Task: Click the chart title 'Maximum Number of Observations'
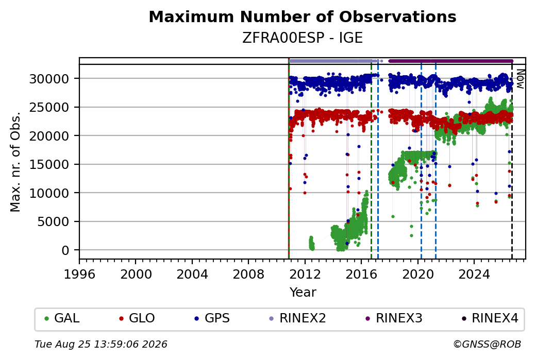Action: coord(303,16)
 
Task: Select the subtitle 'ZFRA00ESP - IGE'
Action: coord(303,38)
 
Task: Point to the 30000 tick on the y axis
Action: coord(49,79)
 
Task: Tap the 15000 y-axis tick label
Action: coord(49,165)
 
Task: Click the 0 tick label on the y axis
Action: coord(65,250)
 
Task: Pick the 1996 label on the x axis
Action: coord(79,275)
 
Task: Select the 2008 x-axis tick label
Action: coord(248,275)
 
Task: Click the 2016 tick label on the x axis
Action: coord(361,275)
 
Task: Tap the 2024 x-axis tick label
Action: coord(474,275)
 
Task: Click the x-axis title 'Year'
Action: coord(303,293)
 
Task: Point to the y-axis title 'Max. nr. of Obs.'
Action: coord(15,162)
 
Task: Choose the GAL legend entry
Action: coord(62,318)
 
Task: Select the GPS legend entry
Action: coord(212,318)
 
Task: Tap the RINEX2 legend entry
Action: coord(297,318)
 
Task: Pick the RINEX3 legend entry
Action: coord(394,318)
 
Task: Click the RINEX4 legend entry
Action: coord(490,318)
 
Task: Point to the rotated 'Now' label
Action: coord(520,79)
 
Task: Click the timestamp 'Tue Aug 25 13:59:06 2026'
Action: coord(101,344)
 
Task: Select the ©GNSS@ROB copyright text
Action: coord(488,344)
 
